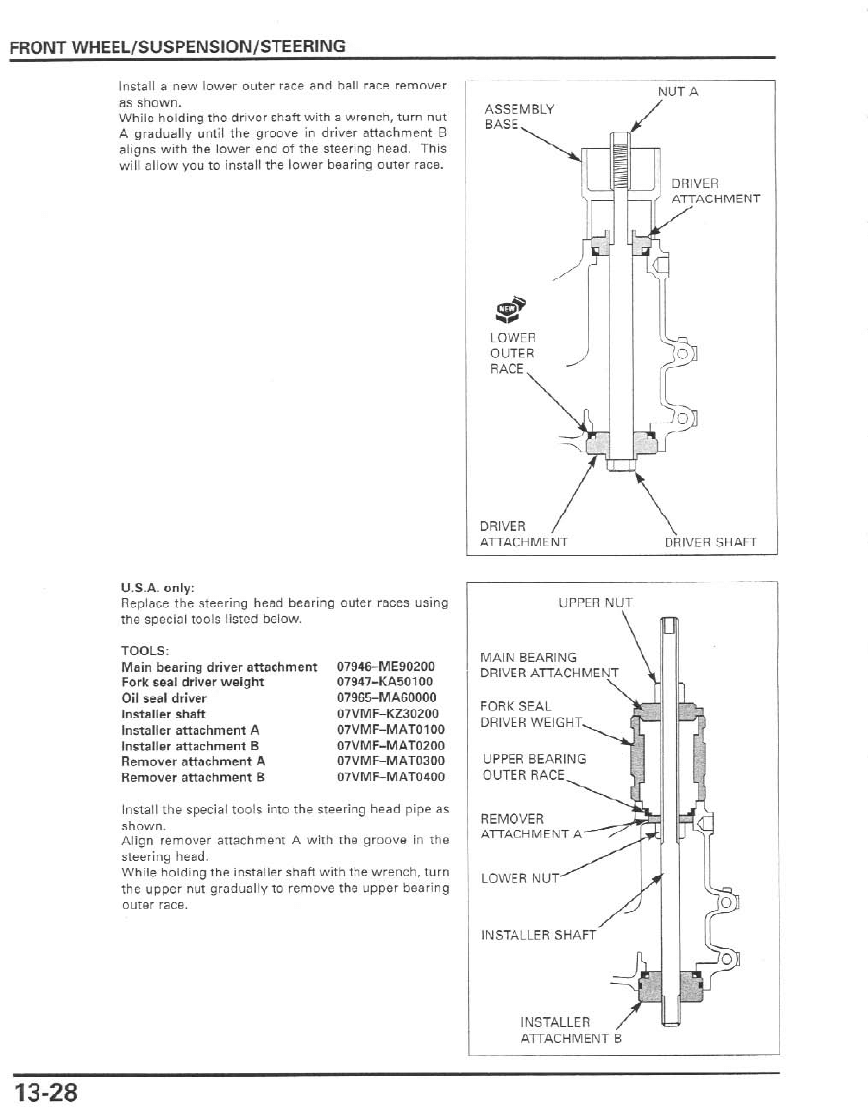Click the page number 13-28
click(x=45, y=1092)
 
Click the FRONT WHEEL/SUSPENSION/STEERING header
click(x=178, y=46)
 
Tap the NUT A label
click(x=677, y=92)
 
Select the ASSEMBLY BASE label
click(x=518, y=118)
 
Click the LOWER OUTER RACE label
click(x=513, y=353)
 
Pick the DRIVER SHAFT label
click(x=710, y=541)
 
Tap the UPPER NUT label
click(x=594, y=601)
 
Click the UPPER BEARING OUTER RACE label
click(x=533, y=767)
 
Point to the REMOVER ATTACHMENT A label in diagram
click(x=527, y=827)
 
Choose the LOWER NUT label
click(x=519, y=877)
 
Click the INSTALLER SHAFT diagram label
click(x=538, y=934)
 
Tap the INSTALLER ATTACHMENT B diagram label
click(x=564, y=1030)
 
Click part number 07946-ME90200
click(x=385, y=667)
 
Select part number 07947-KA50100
click(x=385, y=682)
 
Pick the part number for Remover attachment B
click(x=385, y=777)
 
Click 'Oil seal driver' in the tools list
click(x=164, y=698)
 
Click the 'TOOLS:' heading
click(x=145, y=650)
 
